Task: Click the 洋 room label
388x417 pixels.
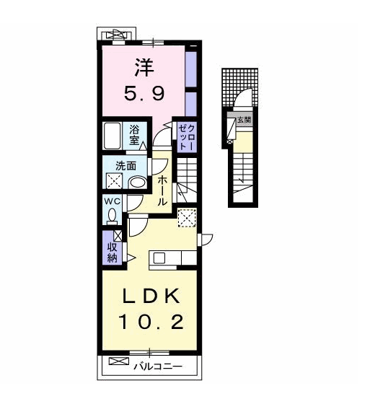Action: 144,68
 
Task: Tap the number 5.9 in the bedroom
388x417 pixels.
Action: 144,93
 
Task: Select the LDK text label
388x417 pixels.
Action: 151,297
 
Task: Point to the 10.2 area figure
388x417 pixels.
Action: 151,322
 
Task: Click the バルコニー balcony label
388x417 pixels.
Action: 158,366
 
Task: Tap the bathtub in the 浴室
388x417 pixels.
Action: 112,136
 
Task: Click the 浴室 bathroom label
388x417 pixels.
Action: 134,136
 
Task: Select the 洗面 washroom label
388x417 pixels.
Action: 125,166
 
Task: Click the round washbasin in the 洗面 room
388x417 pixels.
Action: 137,183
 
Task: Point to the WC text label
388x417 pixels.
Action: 113,201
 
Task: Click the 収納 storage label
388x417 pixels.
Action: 112,253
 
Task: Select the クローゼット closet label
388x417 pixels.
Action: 187,137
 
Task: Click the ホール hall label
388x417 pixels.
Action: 162,191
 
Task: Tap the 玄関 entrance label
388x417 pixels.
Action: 244,120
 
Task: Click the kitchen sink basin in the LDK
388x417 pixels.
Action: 159,258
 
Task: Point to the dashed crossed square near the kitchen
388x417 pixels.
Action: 188,218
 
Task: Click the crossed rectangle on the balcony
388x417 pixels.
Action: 119,361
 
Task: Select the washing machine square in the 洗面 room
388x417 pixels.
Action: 115,181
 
